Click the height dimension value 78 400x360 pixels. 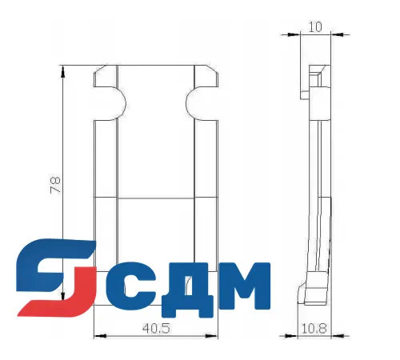54,185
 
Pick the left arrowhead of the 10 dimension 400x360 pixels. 303,34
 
